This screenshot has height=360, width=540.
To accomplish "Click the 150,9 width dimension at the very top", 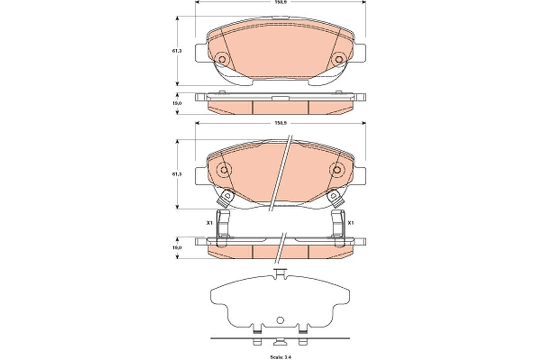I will pos(280,2).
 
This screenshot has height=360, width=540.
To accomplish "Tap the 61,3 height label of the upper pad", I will pos(176,50).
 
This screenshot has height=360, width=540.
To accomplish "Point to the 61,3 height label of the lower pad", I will pos(176,174).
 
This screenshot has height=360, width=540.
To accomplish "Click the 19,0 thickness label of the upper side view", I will pos(176,103).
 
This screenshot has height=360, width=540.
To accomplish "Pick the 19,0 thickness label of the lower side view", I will pos(176,247).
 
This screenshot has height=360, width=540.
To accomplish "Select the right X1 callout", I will pos(351,223).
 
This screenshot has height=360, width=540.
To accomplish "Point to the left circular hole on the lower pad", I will pos(224,170).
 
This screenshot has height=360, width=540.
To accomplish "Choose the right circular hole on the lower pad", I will pos(336,170).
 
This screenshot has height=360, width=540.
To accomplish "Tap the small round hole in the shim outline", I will pos(280,320).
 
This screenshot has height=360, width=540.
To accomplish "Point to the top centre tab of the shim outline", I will pos(280,273).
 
